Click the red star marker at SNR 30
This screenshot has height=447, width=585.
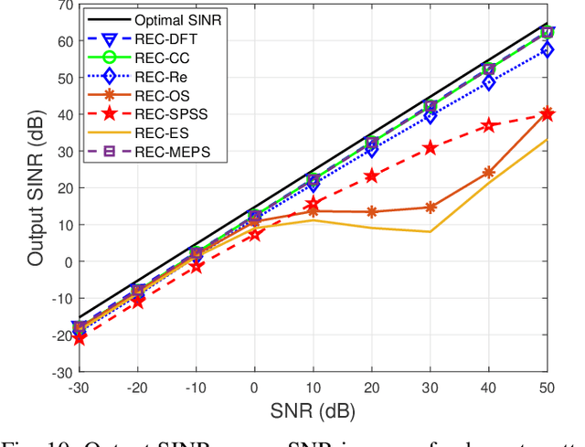click(x=430, y=147)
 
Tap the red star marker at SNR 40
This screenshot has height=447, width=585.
click(x=488, y=125)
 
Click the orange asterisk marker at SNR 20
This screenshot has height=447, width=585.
click(x=371, y=211)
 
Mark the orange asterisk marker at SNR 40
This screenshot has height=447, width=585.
click(x=488, y=172)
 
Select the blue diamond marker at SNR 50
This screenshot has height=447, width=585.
click(x=547, y=49)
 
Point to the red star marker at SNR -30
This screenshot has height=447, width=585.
click(x=80, y=338)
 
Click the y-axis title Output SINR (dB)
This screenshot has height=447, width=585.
click(x=35, y=187)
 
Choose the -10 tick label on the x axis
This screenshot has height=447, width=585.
click(x=196, y=388)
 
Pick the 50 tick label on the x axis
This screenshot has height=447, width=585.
click(x=547, y=388)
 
